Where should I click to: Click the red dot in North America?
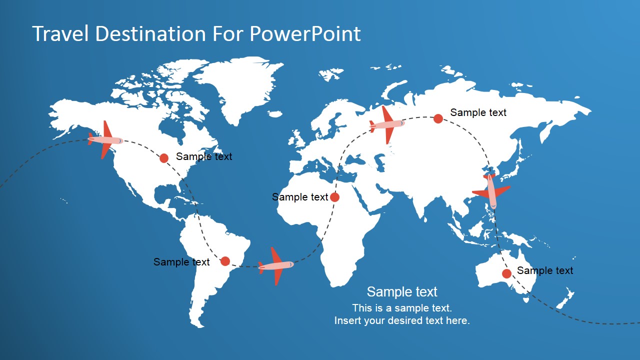[x=163, y=158]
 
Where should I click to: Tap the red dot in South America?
[x=225, y=261]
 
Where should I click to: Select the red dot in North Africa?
[x=334, y=197]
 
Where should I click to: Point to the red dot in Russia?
[x=438, y=118]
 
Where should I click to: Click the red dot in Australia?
[x=506, y=273]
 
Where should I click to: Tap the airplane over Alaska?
[x=105, y=140]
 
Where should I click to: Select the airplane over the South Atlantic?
[x=275, y=266]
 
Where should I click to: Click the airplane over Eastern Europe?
[x=387, y=124]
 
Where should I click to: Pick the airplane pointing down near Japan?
[x=491, y=191]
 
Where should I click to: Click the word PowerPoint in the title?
[x=305, y=34]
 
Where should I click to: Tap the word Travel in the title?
[x=60, y=33]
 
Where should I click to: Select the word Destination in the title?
[x=150, y=33]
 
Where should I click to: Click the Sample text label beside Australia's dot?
[x=545, y=270]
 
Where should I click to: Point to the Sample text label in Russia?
[x=478, y=112]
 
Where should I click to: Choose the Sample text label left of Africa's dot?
[x=300, y=197]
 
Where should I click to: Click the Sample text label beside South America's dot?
[x=181, y=262]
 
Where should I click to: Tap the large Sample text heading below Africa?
[x=402, y=291]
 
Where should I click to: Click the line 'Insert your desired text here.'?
[x=402, y=320]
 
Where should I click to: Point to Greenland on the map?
[x=240, y=85]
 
